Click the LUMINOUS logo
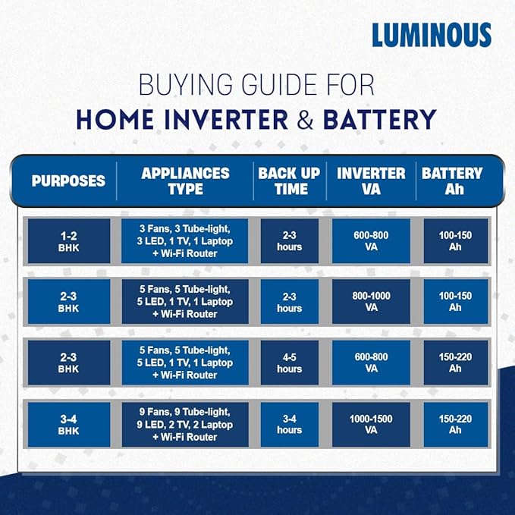coord(432,34)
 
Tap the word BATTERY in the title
coord(379,119)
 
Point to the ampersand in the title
coord(306,119)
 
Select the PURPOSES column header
coord(68,181)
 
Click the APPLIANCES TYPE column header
coord(184,181)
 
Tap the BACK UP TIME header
coord(289,181)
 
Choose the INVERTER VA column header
coord(371,181)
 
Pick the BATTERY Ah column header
coord(454,181)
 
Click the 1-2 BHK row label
coord(68,241)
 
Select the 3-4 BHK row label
coord(68,424)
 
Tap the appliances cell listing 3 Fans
coord(184,241)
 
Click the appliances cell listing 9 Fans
coord(184,424)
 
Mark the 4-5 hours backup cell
coord(289,363)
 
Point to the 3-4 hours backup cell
coord(289,424)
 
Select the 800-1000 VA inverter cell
coord(371,302)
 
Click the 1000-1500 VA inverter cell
coord(371,424)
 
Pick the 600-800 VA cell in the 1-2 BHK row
coord(371,241)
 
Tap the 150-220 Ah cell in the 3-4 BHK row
coord(454,424)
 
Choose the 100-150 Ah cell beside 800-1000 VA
coord(454,302)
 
